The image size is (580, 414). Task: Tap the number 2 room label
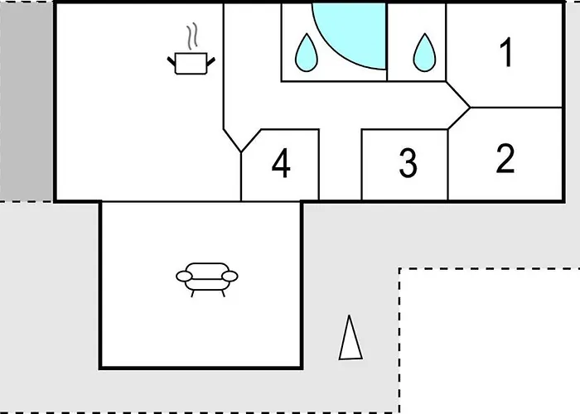click(505, 158)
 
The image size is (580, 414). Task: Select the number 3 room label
click(408, 162)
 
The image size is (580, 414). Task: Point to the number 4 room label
click(281, 163)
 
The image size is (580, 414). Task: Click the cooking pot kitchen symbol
click(191, 63)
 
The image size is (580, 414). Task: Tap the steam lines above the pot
click(191, 36)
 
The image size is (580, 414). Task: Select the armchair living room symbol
click(207, 280)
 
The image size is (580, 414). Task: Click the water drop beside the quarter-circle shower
click(307, 53)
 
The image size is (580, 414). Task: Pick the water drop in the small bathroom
click(424, 53)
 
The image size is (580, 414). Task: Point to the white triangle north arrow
click(350, 338)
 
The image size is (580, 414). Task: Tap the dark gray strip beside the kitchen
click(26, 102)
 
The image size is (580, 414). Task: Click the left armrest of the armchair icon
click(184, 276)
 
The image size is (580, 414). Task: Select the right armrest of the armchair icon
click(230, 276)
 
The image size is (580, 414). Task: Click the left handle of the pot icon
click(172, 62)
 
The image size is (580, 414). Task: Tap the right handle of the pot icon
click(210, 62)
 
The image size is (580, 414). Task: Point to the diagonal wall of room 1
click(458, 94)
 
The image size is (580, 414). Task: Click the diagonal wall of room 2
click(459, 118)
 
